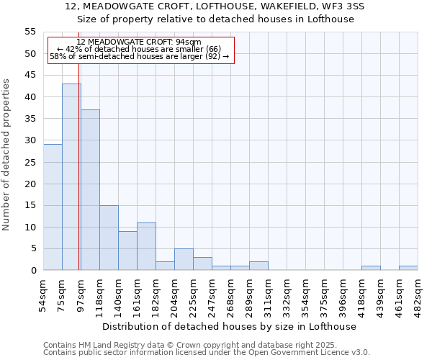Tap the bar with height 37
pyautogui.click(x=90, y=190)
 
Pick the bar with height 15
pyautogui.click(x=109, y=238)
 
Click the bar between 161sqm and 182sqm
pyautogui.click(x=146, y=246)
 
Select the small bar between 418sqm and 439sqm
pyautogui.click(x=371, y=268)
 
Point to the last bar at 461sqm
pyautogui.click(x=408, y=268)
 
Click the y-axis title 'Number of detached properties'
pyautogui.click(x=7, y=155)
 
